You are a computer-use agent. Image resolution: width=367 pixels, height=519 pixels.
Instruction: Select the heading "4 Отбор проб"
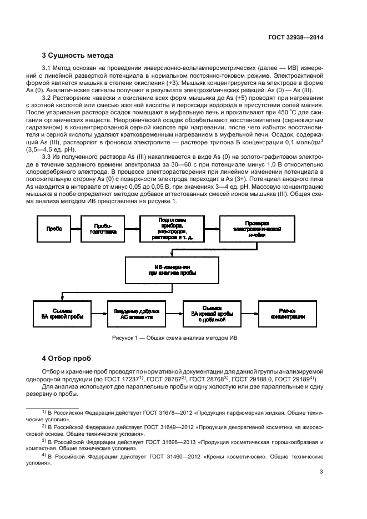(x=66, y=357)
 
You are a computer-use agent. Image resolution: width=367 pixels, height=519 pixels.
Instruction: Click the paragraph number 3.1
(x=47, y=68)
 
